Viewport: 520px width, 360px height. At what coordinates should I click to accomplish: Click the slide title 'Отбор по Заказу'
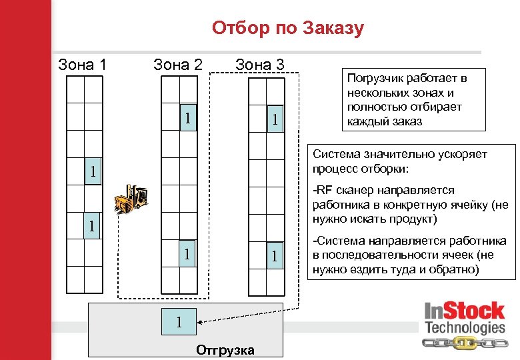tap(288, 28)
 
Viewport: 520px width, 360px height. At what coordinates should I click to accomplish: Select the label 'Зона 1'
tap(83, 65)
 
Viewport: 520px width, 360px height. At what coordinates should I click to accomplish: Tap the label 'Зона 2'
tap(177, 65)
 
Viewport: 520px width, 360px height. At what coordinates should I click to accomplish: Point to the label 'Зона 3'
tap(259, 65)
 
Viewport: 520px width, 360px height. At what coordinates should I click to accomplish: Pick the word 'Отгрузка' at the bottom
tap(225, 350)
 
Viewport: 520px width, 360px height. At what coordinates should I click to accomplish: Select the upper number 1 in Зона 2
tap(189, 118)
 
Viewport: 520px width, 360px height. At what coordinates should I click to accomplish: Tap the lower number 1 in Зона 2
tap(189, 253)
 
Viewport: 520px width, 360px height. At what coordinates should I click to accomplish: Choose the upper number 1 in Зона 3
tap(273, 120)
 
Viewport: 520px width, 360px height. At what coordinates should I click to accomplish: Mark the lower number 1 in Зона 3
tap(273, 255)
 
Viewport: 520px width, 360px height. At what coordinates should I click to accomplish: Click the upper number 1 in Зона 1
tap(94, 172)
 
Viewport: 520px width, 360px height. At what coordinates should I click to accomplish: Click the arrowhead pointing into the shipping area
tap(201, 321)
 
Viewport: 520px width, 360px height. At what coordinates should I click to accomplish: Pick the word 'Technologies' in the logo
tap(465, 327)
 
